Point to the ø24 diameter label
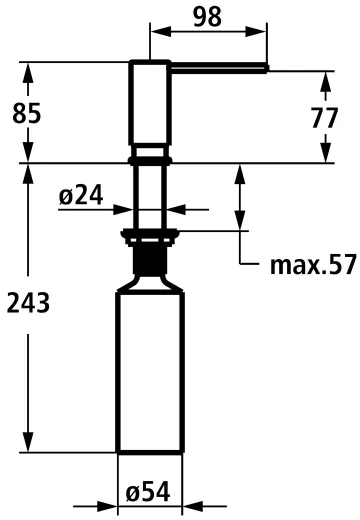[x=82, y=197]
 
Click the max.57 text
[x=312, y=265]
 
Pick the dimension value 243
[x=27, y=303]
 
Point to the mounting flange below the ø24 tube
[x=150, y=237]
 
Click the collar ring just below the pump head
[x=150, y=159]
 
